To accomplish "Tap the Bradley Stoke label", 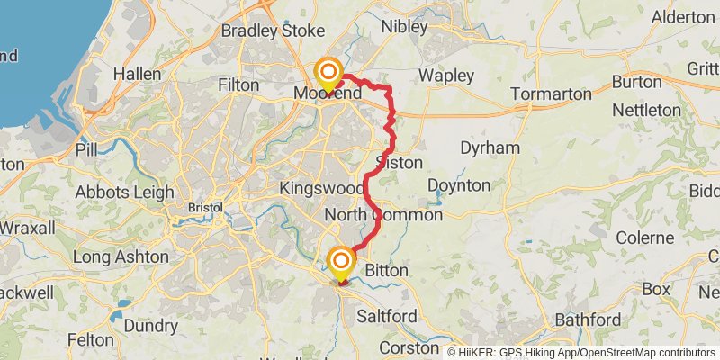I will (x=273, y=31).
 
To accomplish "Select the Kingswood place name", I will (x=319, y=188).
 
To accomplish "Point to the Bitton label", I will (x=387, y=270).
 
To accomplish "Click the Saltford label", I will (x=387, y=316).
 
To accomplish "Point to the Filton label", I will (x=238, y=84).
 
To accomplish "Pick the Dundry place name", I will (x=150, y=325).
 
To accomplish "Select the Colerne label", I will (x=644, y=238).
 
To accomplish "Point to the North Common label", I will (x=383, y=215).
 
